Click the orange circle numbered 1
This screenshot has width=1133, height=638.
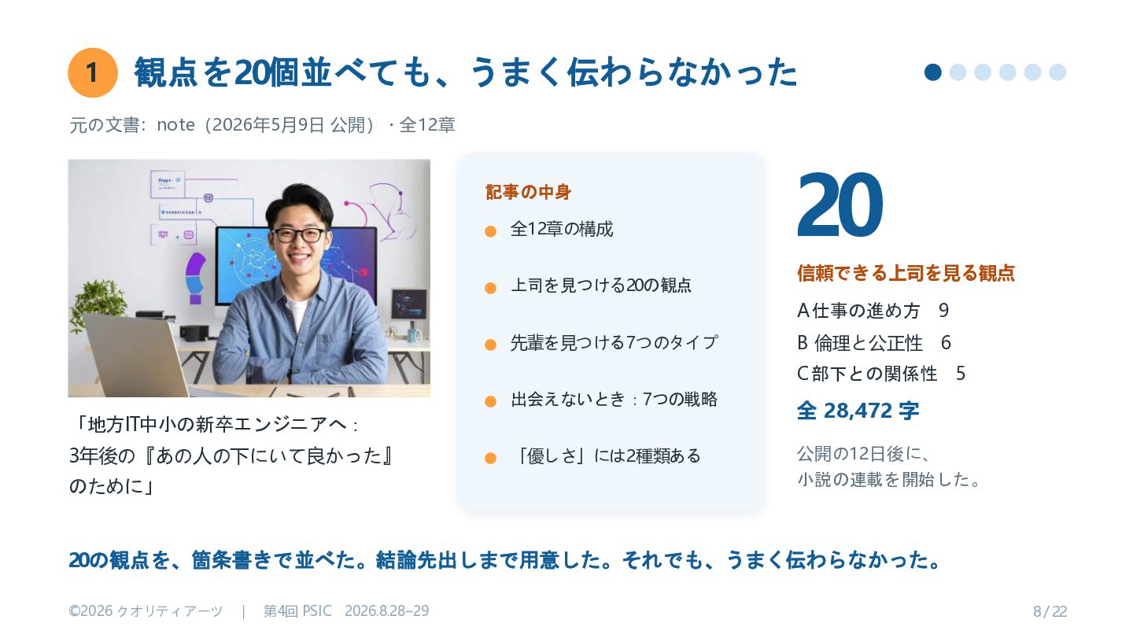[93, 72]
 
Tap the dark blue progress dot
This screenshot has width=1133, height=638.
[932, 72]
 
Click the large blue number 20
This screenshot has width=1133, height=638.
[840, 205]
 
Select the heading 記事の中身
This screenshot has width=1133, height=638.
[528, 192]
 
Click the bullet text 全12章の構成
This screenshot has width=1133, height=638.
[562, 229]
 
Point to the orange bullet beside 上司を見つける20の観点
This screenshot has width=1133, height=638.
[490, 288]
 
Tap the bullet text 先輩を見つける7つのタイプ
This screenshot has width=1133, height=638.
[614, 342]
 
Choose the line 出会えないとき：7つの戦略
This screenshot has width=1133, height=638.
[614, 400]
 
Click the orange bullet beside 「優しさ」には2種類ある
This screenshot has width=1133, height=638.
[490, 458]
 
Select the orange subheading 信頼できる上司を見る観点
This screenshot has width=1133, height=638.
[906, 273]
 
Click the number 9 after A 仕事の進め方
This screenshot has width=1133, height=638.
[943, 311]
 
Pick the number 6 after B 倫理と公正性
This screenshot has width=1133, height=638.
[946, 343]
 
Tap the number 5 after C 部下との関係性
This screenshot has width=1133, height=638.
[961, 374]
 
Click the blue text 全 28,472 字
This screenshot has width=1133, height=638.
[858, 411]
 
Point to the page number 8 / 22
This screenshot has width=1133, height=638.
[1050, 612]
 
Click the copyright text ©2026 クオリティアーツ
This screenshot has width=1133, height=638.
[146, 611]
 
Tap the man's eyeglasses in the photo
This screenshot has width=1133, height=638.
[300, 235]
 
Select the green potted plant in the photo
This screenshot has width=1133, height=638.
[98, 304]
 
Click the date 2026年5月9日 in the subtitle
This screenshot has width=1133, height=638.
[268, 125]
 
